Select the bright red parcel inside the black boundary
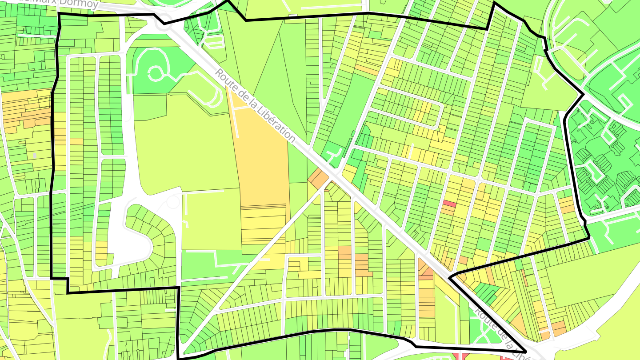click(449, 204)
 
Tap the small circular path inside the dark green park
click(155, 73)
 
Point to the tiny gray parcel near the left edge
click(35, 156)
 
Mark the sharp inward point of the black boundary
click(451, 278)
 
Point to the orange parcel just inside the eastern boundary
click(567, 205)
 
